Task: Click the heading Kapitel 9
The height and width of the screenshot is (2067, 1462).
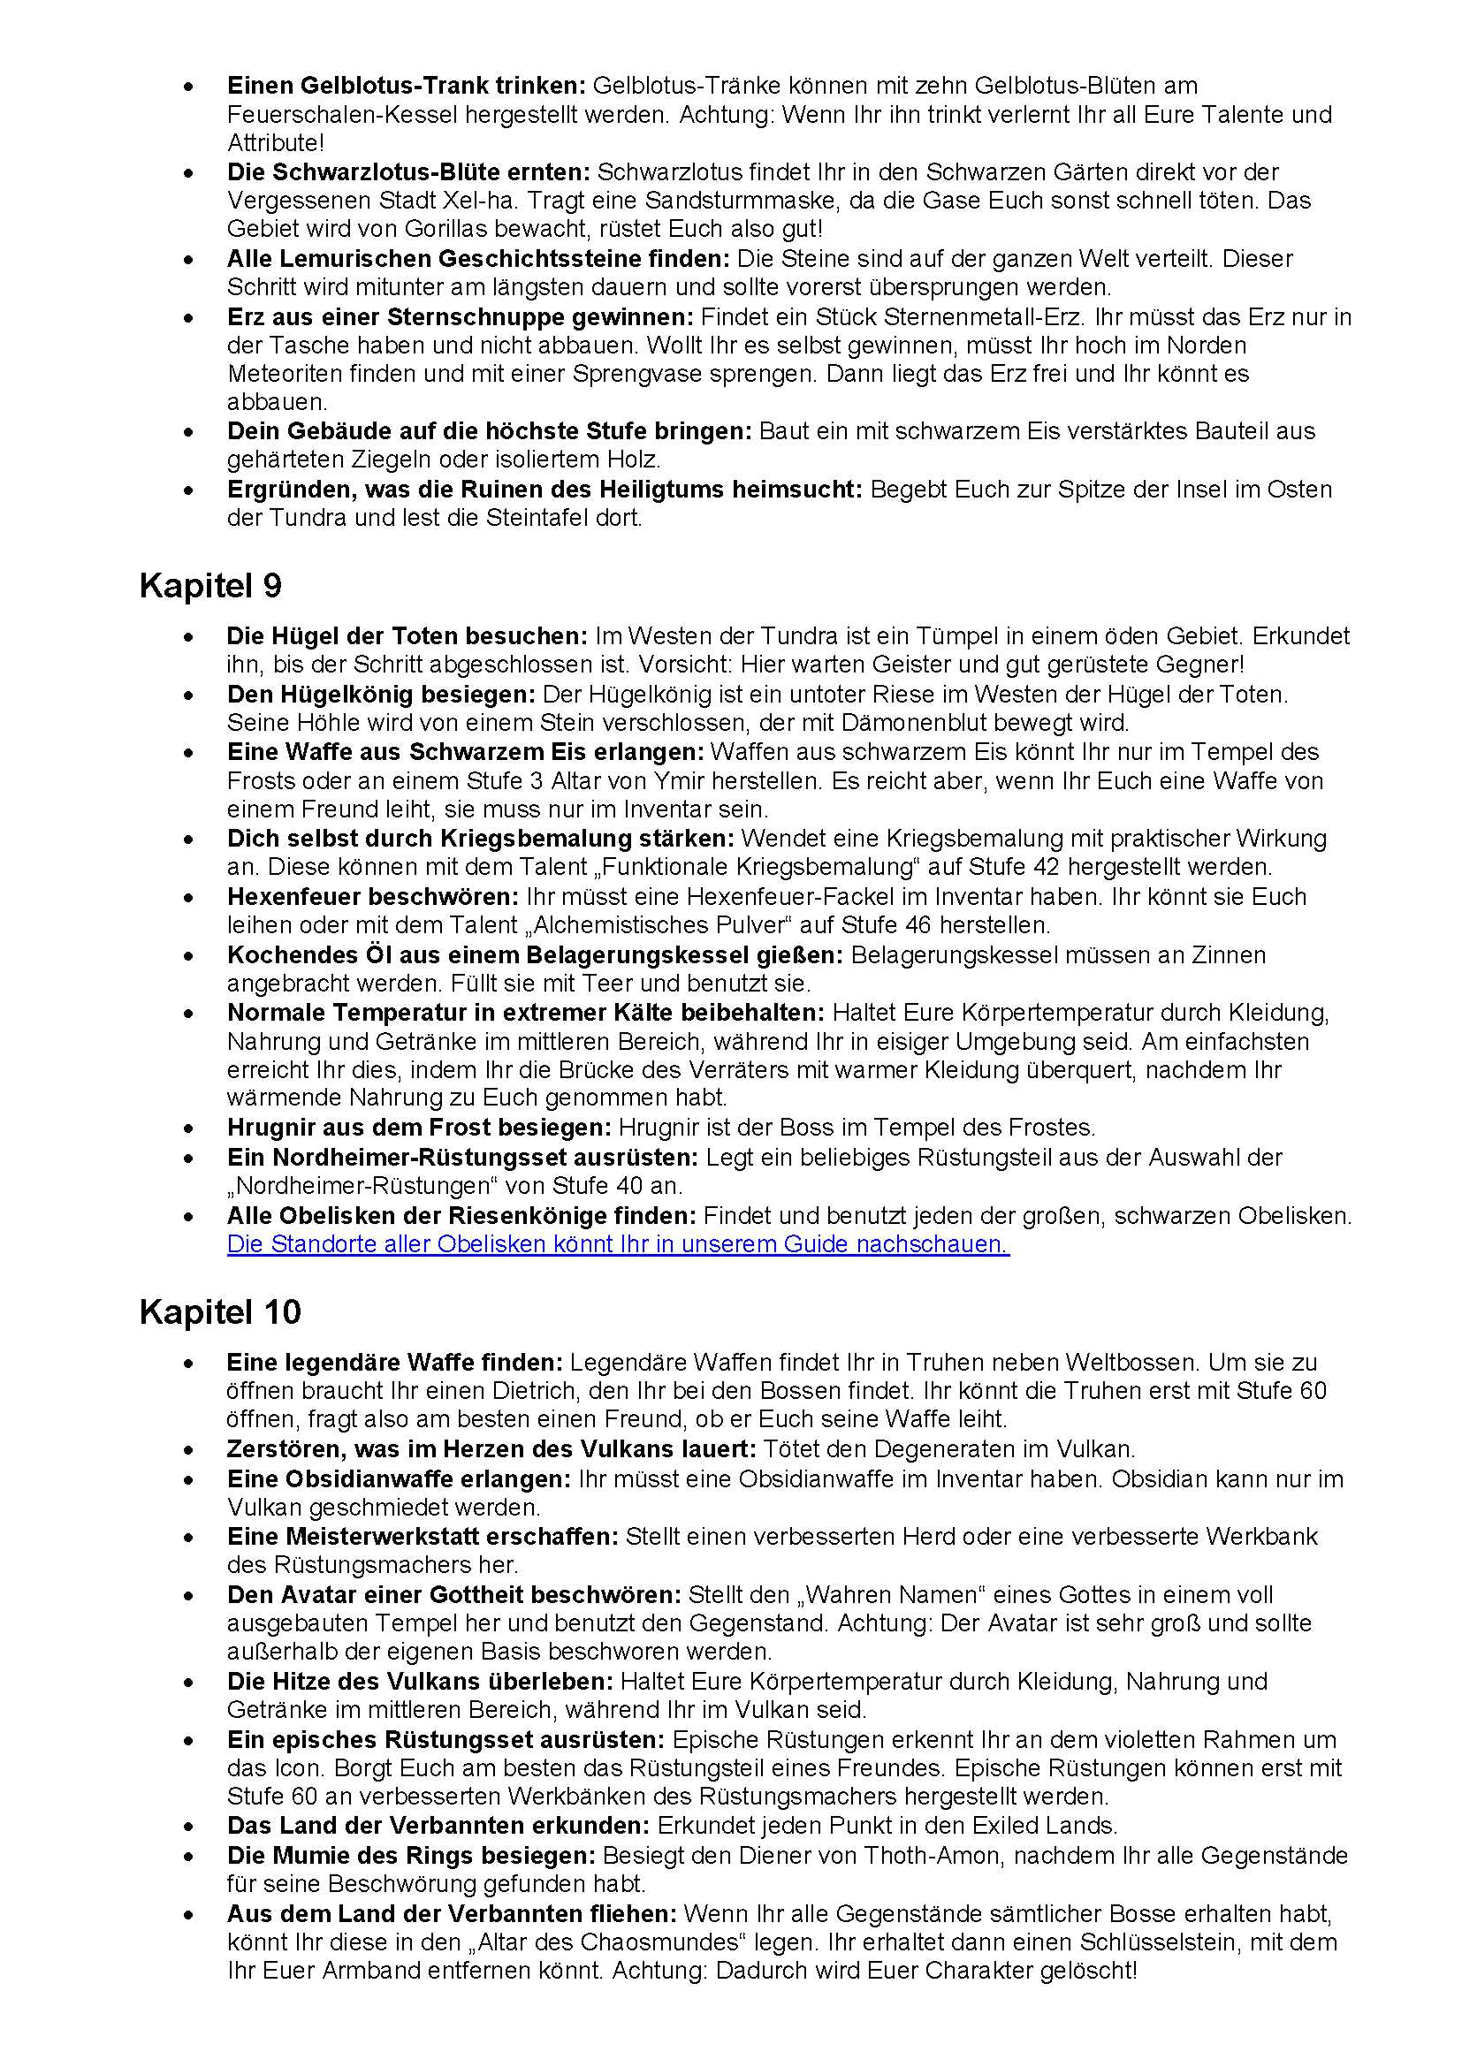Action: [210, 586]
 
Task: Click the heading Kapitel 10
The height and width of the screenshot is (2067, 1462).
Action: [220, 1311]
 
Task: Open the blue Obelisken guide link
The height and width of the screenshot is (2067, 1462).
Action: [618, 1244]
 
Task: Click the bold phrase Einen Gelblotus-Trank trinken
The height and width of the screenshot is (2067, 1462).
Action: [406, 86]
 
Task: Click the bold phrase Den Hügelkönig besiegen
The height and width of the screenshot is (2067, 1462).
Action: [381, 694]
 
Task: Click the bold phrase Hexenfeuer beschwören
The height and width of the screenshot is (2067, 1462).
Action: [373, 897]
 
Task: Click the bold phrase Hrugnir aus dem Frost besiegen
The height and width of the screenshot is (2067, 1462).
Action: [419, 1127]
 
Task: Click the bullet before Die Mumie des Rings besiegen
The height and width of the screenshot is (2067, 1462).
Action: [188, 1857]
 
